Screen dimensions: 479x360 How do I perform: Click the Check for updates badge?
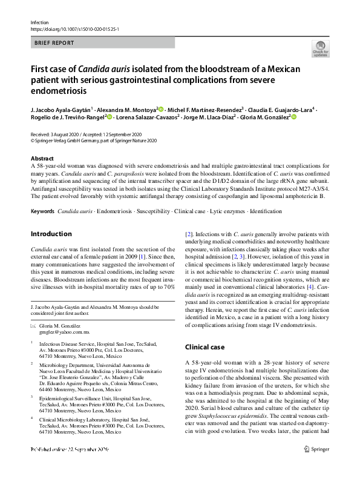321,48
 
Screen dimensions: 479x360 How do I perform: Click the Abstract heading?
42,158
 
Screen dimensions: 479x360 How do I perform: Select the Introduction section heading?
51,234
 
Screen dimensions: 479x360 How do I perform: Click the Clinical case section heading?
205,347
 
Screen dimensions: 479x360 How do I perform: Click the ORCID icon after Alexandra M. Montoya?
161,109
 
